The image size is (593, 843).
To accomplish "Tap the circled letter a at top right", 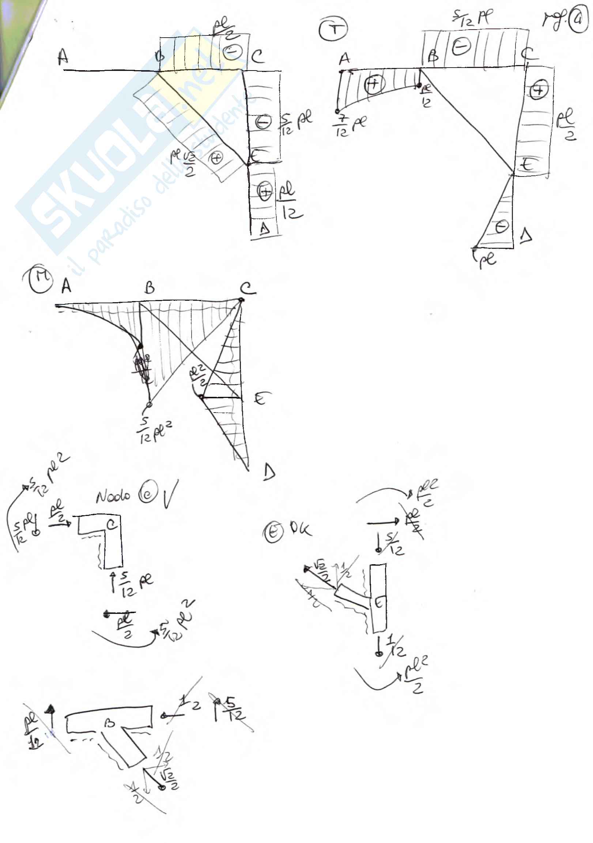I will (x=578, y=21).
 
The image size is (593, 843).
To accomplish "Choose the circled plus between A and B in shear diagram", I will (x=374, y=84).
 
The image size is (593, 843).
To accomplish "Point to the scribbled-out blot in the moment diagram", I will (x=143, y=367).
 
